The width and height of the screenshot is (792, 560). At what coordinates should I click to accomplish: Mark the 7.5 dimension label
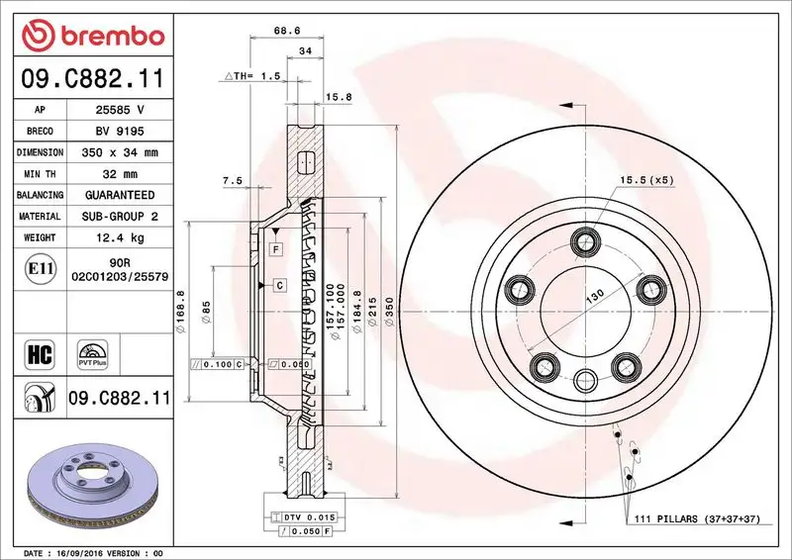tap(232, 181)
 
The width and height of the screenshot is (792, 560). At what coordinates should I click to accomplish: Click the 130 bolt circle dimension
tap(594, 297)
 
